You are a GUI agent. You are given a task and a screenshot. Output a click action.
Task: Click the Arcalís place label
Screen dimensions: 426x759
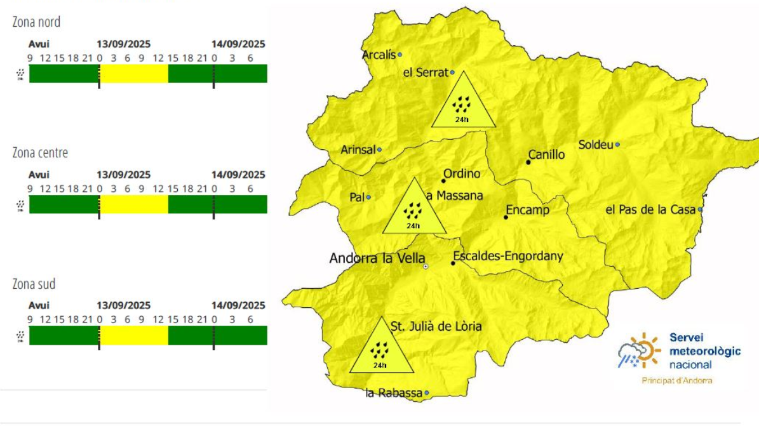point(379,55)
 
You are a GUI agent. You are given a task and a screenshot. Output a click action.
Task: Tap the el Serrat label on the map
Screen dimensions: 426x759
point(426,73)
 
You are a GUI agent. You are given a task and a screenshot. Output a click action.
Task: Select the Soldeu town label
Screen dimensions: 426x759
point(595,145)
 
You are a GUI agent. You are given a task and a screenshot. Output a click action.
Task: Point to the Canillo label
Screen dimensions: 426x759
point(547,155)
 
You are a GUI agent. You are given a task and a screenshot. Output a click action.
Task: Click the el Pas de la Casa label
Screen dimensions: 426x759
point(650,210)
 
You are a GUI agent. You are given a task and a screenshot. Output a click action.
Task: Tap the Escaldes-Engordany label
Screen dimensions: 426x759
point(508,257)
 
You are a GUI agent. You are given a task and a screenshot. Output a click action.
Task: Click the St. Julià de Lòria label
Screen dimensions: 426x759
point(436,326)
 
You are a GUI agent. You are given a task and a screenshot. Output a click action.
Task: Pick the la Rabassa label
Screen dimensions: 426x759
point(394,394)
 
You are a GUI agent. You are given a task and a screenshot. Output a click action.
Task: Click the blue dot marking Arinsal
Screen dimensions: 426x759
point(380,150)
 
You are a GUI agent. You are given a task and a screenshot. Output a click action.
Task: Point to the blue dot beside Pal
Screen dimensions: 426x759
point(368,197)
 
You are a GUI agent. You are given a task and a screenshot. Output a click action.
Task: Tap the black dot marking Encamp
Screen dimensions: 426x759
point(506,217)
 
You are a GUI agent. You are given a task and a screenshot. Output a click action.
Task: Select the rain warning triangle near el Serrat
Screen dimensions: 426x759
point(463,102)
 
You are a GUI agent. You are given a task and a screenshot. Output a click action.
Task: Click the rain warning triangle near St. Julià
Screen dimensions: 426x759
point(380,347)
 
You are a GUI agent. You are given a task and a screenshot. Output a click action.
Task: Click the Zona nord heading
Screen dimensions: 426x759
point(36,22)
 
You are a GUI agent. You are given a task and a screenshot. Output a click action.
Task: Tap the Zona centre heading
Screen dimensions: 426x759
point(40,153)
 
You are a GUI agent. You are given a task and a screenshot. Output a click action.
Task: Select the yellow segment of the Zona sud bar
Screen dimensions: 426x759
point(134,335)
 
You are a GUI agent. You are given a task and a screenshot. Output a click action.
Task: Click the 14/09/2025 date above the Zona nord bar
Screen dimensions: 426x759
point(238,44)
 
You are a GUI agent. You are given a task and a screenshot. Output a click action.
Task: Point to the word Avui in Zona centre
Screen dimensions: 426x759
point(39,175)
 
